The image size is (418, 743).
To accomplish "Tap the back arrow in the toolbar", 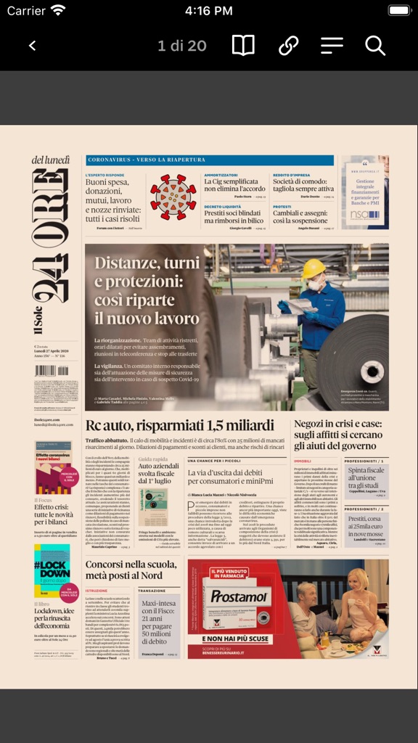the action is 32,46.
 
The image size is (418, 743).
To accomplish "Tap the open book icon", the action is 243,46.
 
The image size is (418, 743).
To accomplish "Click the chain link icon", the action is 288,46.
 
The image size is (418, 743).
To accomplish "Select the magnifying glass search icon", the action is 374,46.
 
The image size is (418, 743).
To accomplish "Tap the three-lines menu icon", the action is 332,46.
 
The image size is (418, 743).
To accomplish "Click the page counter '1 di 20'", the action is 182,46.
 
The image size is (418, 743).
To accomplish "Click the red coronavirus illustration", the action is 173,197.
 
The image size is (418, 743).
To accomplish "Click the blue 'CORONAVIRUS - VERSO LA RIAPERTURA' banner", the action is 209,160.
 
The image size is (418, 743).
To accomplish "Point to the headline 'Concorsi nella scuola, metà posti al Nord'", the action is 131,570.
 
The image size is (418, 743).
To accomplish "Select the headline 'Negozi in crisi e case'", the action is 337,435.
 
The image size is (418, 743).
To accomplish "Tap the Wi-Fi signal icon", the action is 58,11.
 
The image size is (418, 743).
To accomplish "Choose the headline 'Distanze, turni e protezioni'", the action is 147,290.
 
